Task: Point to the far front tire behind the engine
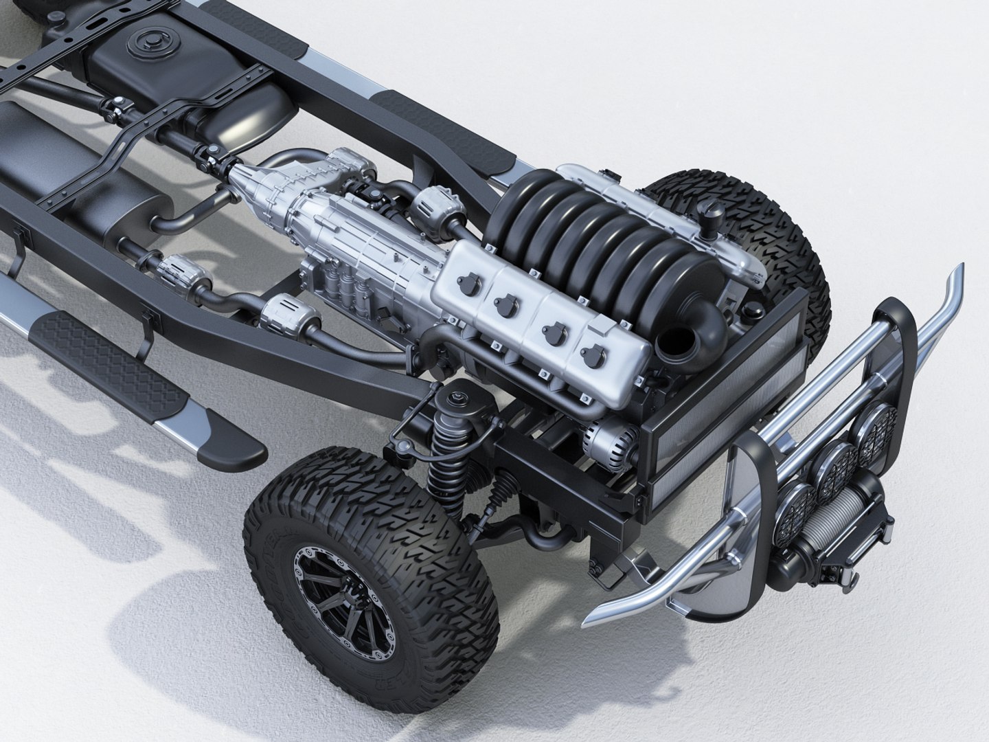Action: click(x=769, y=234)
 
